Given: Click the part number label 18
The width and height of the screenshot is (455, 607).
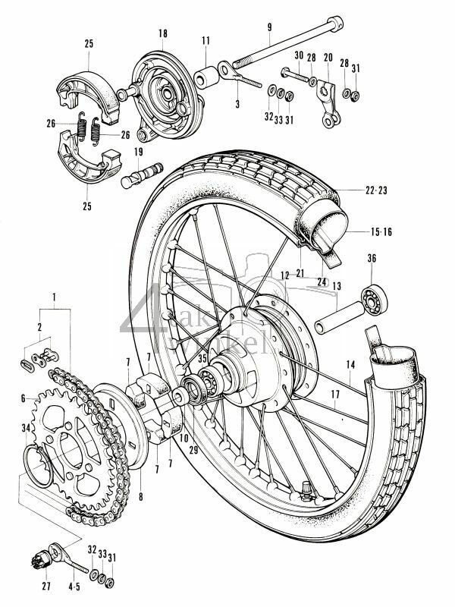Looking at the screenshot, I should [x=162, y=33].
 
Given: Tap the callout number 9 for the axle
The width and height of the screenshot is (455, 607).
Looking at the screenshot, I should [x=268, y=29].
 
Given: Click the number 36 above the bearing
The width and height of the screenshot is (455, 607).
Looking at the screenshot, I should [x=372, y=259].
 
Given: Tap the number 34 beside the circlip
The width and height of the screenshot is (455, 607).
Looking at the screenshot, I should [x=26, y=429].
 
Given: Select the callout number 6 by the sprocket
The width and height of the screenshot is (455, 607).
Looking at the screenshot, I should [x=24, y=398].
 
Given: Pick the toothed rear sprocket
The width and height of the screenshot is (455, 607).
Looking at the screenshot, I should [x=64, y=448].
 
